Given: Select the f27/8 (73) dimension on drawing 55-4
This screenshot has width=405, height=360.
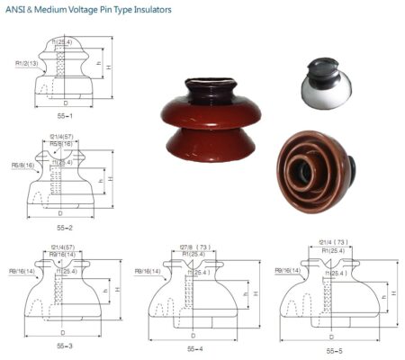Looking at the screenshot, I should click(194, 247).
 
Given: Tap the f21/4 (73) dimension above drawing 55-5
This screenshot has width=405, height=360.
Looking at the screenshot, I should click(333, 242).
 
